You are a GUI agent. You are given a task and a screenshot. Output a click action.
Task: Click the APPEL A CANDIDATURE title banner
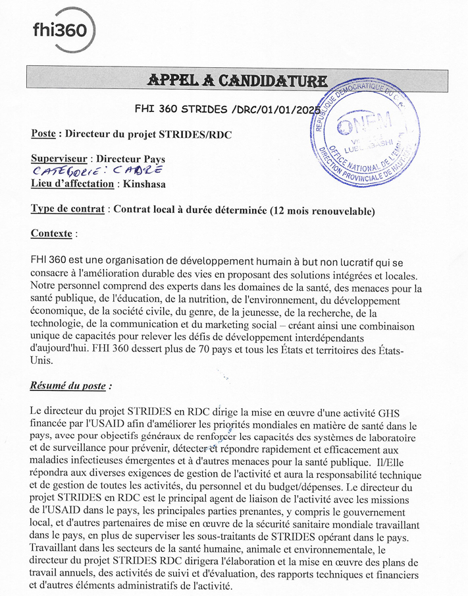click(x=237, y=80)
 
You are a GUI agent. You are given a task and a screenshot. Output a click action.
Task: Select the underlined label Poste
click(x=43, y=134)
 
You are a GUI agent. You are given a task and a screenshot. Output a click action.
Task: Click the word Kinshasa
click(x=145, y=185)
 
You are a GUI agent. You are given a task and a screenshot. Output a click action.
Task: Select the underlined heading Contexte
click(x=52, y=233)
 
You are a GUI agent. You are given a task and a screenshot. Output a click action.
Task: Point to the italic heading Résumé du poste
click(x=71, y=386)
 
